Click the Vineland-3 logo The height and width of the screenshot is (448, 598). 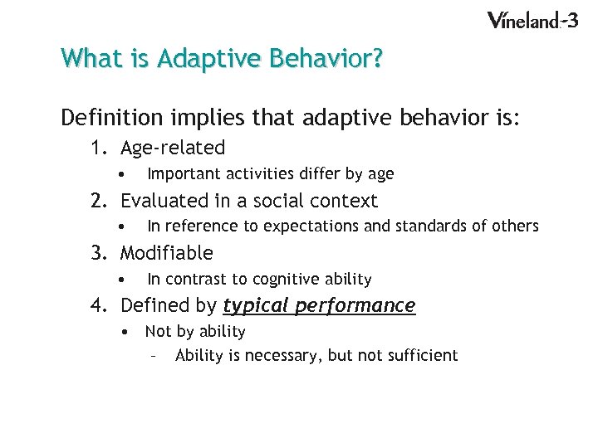point(532,20)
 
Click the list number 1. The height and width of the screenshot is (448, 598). point(99,149)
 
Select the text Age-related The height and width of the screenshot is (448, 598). point(173,149)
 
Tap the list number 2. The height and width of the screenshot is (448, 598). point(99,201)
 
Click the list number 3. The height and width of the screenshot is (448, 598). point(99,253)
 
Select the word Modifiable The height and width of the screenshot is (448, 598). point(167,253)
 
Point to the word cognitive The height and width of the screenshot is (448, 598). point(287,280)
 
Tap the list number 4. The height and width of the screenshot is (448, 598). point(99,306)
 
